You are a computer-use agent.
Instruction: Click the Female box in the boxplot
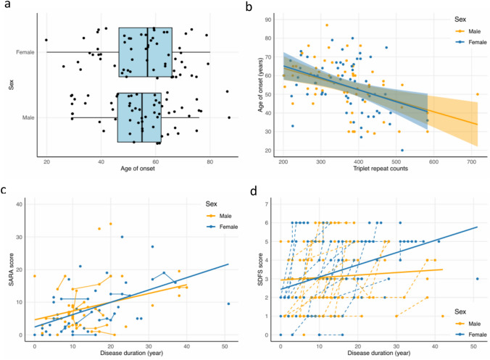(x=146, y=51)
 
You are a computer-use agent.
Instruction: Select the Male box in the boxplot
(x=139, y=117)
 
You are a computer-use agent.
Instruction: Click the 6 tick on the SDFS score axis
(x=269, y=222)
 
